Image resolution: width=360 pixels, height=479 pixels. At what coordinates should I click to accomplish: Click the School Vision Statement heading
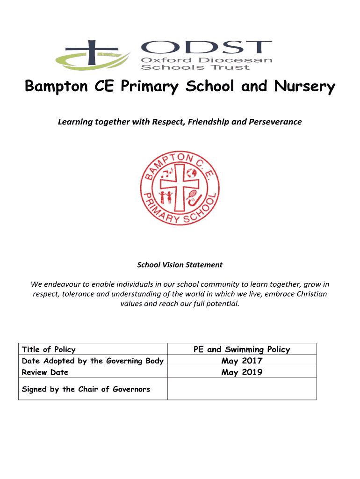[180, 265]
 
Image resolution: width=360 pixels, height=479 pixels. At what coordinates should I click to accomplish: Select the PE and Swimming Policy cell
[242, 349]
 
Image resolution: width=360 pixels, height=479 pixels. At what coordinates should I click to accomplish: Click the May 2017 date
[242, 361]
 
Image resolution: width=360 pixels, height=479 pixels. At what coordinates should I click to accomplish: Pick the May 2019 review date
[242, 372]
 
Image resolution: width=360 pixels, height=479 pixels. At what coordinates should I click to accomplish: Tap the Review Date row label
[45, 372]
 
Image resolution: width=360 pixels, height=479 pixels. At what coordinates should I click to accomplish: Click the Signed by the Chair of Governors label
[86, 389]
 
